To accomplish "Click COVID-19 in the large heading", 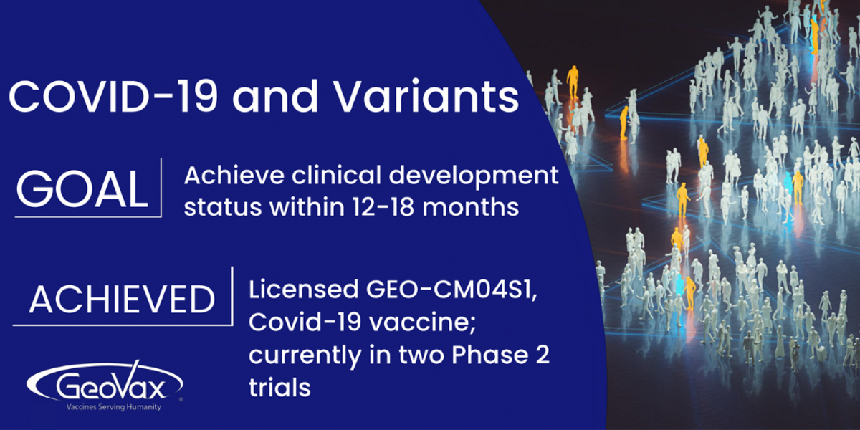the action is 113,96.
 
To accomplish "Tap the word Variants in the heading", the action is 427,96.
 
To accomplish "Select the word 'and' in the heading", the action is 275,96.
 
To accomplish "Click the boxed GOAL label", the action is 82,189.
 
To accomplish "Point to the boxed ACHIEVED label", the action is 122,300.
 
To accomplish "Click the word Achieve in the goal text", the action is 234,176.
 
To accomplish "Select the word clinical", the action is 336,176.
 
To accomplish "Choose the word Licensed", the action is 303,290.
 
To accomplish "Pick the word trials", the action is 279,387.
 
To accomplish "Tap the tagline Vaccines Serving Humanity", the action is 114,407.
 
